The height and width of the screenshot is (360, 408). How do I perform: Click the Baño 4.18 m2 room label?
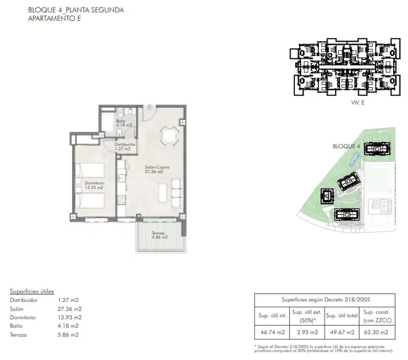pos(124,123)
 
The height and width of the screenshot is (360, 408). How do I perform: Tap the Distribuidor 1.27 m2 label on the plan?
pos(125,147)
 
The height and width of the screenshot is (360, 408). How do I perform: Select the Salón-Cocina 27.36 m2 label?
pos(157,169)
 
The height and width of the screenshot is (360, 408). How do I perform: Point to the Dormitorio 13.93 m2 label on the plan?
pos(94,185)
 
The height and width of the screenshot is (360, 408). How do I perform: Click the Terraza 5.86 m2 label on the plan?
pos(160,235)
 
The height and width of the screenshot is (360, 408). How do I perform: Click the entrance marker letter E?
pos(150,107)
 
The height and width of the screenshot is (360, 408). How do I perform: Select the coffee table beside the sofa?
pos(163,193)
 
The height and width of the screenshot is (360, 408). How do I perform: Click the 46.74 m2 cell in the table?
pos(272,332)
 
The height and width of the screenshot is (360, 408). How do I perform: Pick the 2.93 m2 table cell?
pos(308,332)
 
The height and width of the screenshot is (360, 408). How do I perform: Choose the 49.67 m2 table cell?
pos(342,332)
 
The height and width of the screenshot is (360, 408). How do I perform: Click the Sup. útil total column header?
pos(342,316)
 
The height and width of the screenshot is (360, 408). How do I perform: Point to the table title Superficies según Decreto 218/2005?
pos(325,299)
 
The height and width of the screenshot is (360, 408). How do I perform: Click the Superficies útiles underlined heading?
pos(32,292)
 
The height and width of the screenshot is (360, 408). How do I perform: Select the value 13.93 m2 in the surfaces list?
pos(69,317)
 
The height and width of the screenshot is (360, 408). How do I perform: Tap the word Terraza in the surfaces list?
pos(18,335)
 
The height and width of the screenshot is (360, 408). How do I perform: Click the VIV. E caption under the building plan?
pos(358,102)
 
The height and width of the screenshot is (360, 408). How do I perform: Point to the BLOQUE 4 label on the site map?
pos(346,146)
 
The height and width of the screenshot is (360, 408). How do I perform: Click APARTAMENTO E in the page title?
pos(55,18)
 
